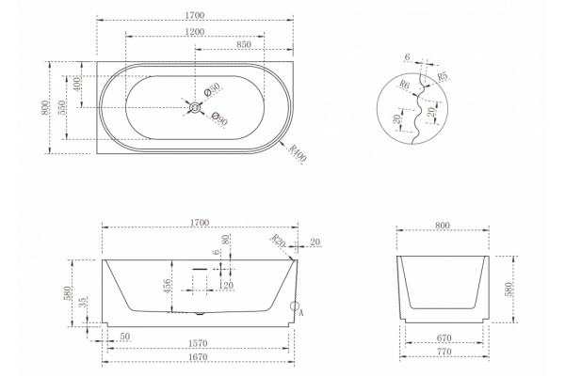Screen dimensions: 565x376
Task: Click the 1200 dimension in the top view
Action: pos(195,32)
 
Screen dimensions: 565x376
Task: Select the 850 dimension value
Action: pos(244,44)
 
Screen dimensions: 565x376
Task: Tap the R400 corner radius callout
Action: pos(298,153)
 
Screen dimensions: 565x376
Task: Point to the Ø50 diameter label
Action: pos(212,89)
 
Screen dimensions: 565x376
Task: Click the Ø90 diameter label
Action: pos(219,119)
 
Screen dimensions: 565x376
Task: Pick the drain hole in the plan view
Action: pos(195,107)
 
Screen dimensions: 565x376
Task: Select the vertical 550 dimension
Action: pos(62,107)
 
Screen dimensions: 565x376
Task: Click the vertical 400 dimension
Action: pos(77,85)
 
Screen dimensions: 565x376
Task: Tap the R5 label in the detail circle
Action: pos(443,76)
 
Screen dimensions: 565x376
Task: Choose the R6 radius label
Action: pos(404,86)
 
